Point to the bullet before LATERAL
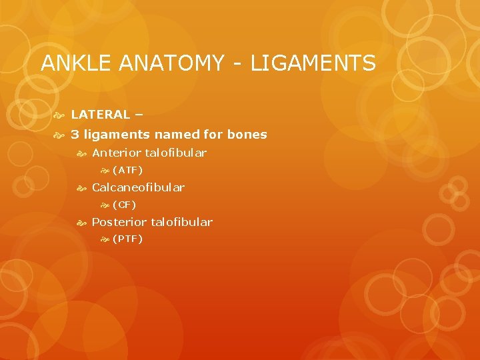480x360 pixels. point(59,115)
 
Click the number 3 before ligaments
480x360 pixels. point(75,135)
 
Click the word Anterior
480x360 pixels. point(116,153)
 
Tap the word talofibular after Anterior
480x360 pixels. point(176,153)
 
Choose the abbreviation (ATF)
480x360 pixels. point(127,170)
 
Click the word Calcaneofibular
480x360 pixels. point(138,187)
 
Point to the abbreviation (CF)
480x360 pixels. point(124,205)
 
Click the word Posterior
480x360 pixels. point(119,222)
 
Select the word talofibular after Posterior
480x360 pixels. point(182,222)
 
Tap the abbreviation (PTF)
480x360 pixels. point(127,239)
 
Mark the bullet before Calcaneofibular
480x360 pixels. point(81,188)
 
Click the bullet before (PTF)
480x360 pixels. point(104,239)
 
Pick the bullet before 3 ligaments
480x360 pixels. point(59,135)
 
